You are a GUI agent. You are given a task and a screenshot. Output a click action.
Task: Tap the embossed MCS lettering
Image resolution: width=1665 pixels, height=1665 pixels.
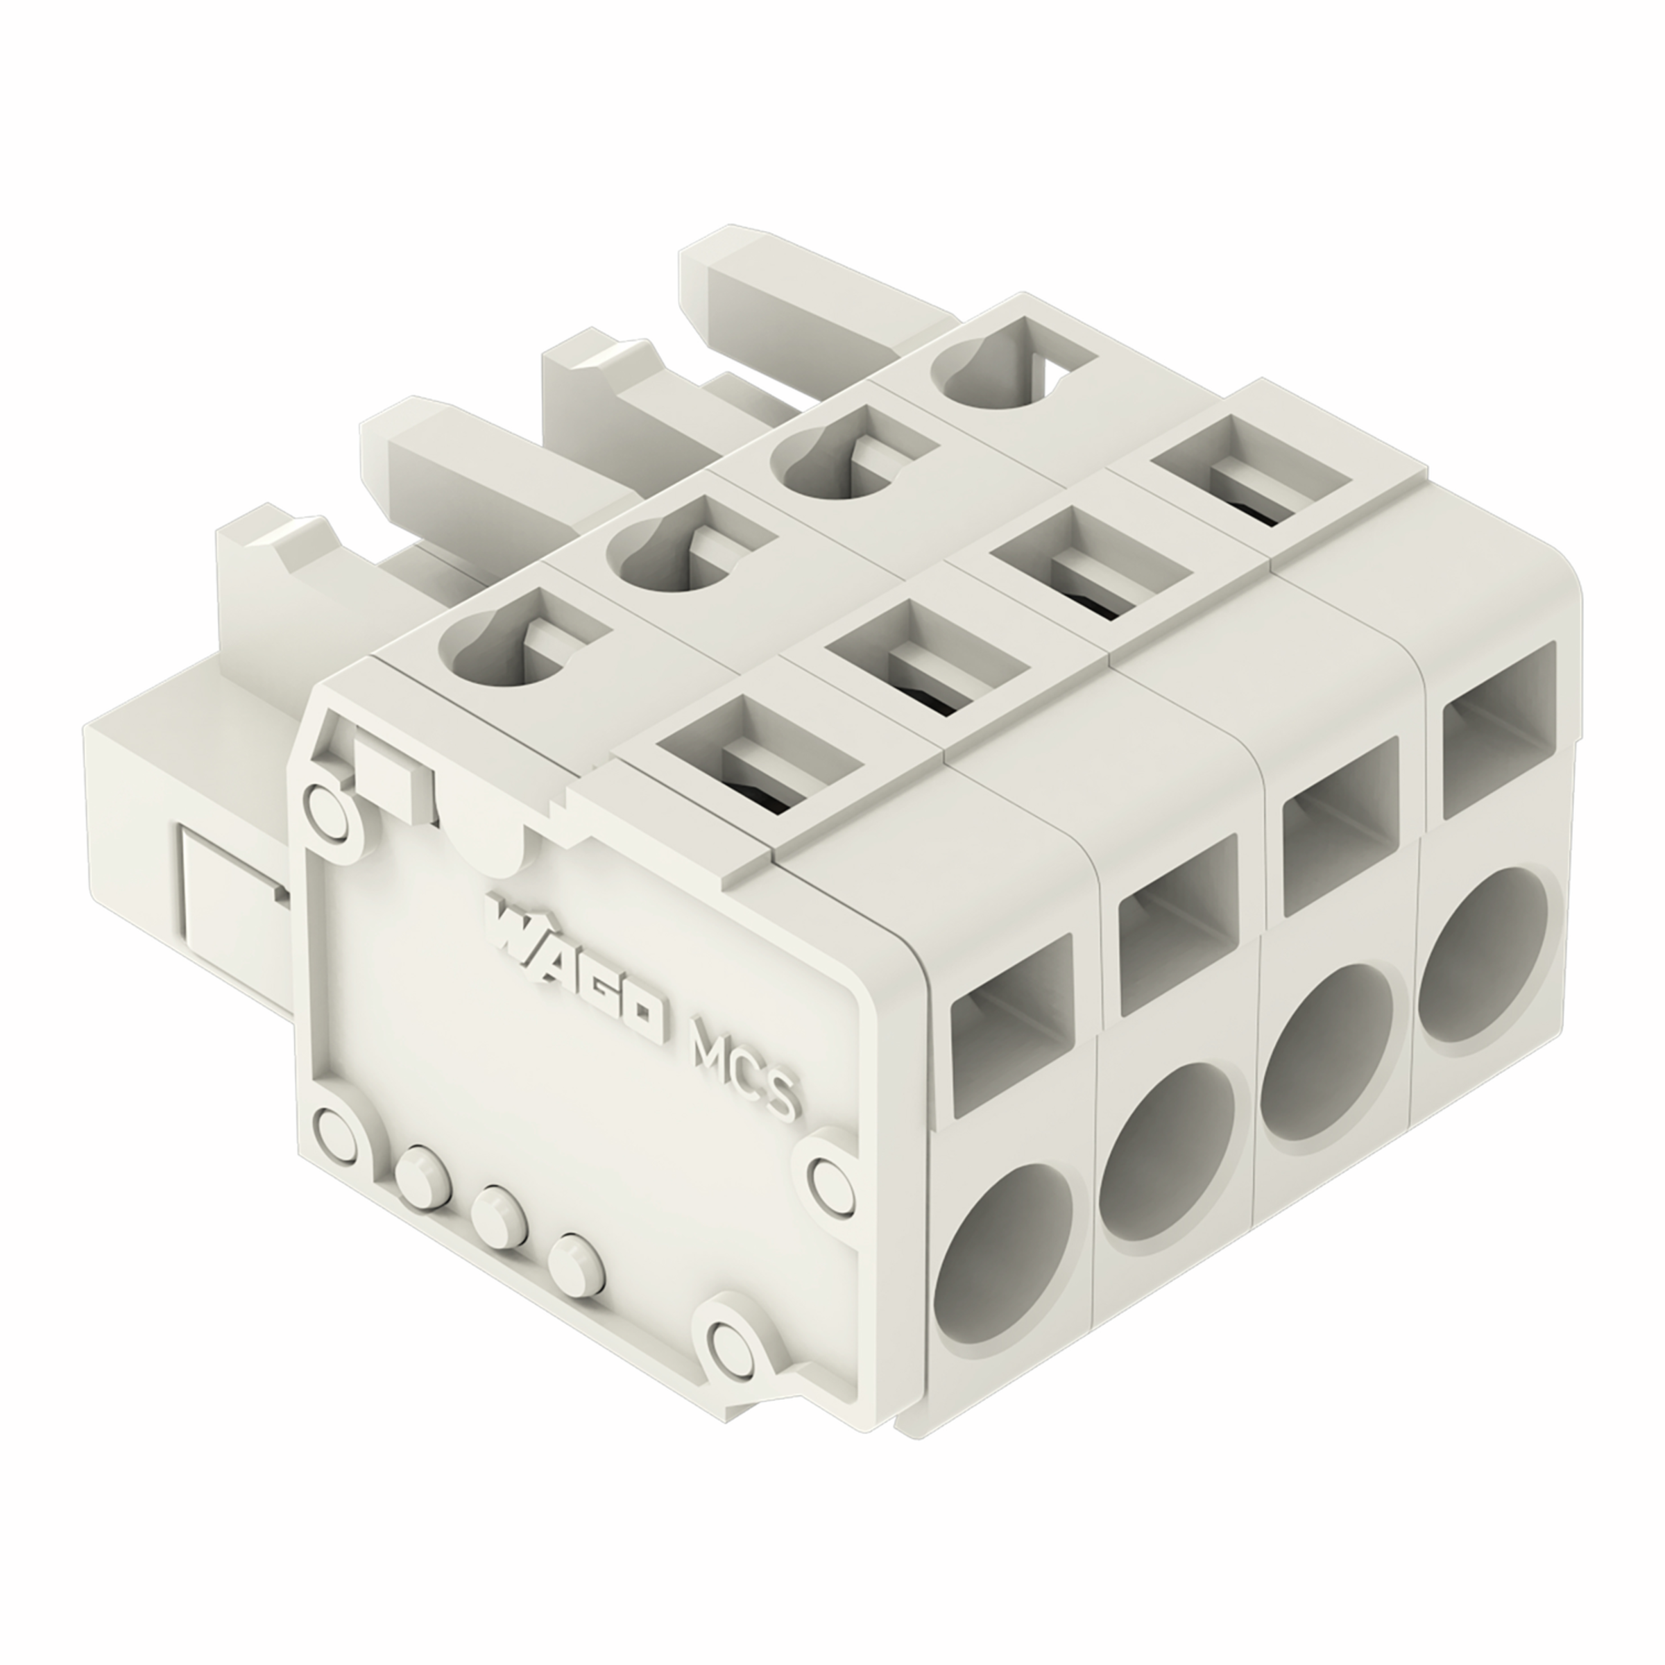pyautogui.click(x=746, y=1068)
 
